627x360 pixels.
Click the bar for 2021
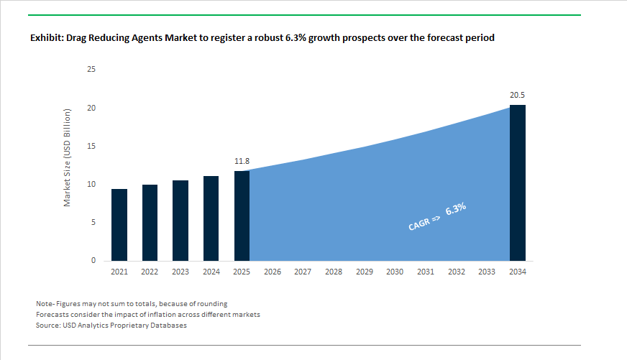click(x=119, y=225)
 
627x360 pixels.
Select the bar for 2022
click(x=150, y=223)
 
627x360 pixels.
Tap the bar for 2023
click(x=180, y=221)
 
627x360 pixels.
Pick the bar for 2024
click(x=211, y=218)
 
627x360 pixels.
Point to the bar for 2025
click(x=242, y=216)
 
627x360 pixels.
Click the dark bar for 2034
click(x=517, y=183)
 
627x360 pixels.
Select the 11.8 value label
click(x=242, y=162)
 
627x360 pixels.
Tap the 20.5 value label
click(x=518, y=95)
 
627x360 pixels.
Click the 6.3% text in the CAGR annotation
click(x=456, y=209)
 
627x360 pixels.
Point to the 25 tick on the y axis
click(x=91, y=70)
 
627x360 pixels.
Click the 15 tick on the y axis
click(x=91, y=147)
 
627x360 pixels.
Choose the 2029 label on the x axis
click(x=364, y=272)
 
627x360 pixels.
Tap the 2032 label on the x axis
click(x=456, y=272)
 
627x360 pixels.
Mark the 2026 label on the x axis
click(x=272, y=272)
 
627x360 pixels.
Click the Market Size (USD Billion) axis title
click(x=68, y=158)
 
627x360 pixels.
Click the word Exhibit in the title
click(x=46, y=37)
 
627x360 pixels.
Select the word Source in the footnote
click(x=48, y=326)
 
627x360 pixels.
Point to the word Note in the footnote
click(x=45, y=304)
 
